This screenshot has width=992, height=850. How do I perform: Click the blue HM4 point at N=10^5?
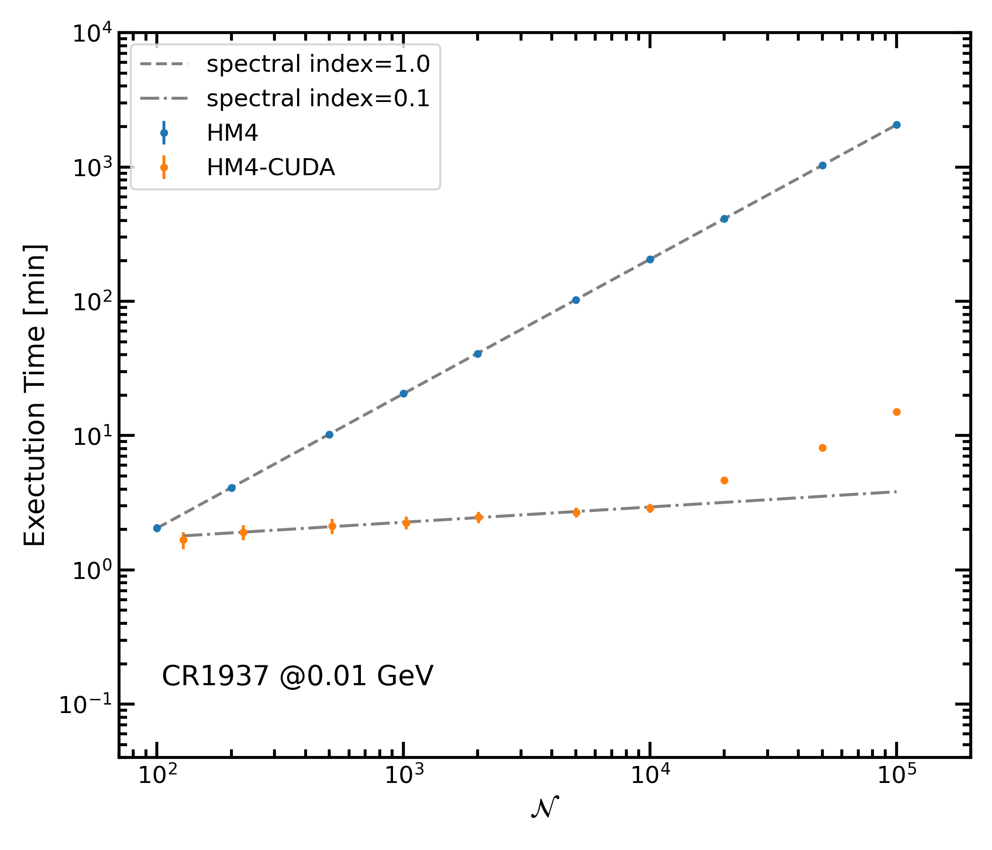897,125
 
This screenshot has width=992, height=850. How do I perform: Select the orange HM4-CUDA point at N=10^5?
897,412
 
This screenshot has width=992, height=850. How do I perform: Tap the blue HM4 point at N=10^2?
157,528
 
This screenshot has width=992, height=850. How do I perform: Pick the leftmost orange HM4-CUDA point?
183,540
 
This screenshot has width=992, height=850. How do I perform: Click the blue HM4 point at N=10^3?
403,393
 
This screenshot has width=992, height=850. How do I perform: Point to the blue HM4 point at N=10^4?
650,259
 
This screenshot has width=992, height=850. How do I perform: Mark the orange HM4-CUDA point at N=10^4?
650,508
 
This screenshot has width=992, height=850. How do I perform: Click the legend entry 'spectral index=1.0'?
318,64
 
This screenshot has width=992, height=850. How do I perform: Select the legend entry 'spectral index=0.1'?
318,99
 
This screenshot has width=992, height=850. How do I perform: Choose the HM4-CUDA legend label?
271,168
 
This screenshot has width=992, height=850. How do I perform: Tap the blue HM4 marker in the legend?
164,133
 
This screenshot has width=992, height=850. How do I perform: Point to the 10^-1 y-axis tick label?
85,705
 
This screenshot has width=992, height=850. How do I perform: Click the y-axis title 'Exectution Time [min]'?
35,395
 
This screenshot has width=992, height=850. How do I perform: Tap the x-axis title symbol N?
545,808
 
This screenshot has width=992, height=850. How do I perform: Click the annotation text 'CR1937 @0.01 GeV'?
297,677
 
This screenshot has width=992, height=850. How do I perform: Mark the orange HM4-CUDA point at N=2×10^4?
724,481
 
